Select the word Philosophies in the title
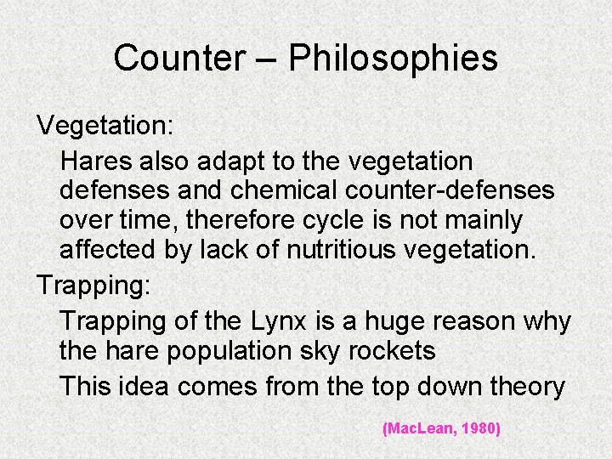393,59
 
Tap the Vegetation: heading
105,127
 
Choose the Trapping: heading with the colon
93,285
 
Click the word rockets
399,350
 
